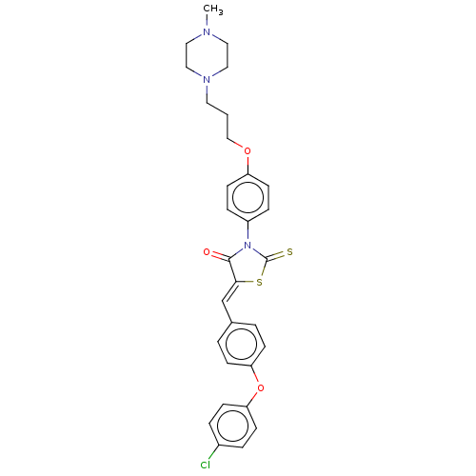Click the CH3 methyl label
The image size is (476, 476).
[213, 10]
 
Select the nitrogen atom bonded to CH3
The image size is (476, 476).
[207, 31]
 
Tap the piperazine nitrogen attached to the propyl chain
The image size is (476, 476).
[207, 79]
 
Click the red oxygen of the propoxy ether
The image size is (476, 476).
[248, 150]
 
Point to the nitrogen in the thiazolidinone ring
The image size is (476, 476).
[248, 246]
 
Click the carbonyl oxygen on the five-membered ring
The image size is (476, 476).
[207, 252]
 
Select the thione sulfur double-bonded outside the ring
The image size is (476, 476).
[289, 252]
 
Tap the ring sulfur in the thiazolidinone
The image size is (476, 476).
[259, 282]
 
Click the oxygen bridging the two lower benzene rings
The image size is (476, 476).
[261, 387]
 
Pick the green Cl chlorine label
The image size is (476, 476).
[206, 466]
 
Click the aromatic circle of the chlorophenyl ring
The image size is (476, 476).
[232, 426]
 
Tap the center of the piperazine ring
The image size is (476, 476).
[207, 55]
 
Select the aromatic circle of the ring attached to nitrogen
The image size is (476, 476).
[248, 197]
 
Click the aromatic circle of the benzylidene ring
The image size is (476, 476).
[241, 344]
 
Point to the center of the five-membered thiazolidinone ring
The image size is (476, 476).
[248, 266]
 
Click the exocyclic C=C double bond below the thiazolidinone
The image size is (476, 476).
[229, 291]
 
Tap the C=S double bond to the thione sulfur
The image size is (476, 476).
[276, 256]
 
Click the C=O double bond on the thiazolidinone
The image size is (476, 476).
[220, 256]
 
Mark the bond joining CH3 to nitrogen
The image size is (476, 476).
[207, 21]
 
